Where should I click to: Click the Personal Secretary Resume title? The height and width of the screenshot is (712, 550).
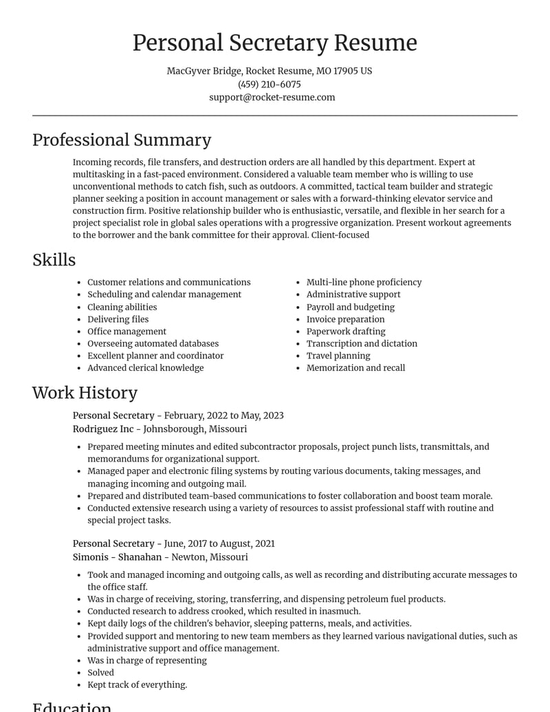[274, 43]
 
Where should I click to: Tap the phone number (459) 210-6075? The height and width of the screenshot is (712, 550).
[269, 84]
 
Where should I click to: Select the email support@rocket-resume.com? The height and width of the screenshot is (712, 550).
[272, 97]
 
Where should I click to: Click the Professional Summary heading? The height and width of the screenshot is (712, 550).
[122, 140]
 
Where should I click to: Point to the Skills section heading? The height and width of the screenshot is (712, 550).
[54, 260]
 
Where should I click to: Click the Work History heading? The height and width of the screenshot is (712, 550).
[85, 393]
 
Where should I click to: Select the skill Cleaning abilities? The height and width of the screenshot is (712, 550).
[122, 307]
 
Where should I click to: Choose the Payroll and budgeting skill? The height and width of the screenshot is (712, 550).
[350, 307]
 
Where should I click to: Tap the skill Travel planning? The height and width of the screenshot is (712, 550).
[338, 356]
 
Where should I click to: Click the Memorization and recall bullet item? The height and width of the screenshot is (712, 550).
[355, 368]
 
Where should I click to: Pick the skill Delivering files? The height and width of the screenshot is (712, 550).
[118, 319]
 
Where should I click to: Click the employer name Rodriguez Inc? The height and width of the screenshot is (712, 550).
[103, 429]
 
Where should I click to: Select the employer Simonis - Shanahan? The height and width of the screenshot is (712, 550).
[117, 557]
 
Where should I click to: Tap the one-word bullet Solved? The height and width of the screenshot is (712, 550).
[100, 673]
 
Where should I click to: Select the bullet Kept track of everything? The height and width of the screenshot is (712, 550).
[137, 685]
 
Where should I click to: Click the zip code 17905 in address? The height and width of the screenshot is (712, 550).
[346, 71]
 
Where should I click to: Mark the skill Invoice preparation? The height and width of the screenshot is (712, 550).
[345, 319]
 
